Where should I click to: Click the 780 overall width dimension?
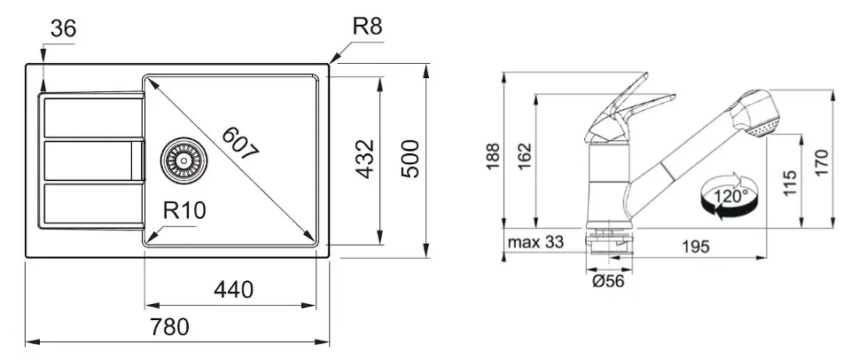(169, 327)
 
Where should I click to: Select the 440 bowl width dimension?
(233, 290)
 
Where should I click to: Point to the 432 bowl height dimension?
(366, 159)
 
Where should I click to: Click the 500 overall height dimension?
(410, 159)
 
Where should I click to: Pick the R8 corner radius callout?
(367, 26)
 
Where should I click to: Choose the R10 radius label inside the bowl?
(184, 210)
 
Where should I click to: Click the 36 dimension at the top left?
(64, 28)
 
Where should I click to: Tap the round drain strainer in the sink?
(183, 160)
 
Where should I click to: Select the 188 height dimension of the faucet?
(493, 156)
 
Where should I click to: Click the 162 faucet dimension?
(524, 156)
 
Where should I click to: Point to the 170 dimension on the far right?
(823, 162)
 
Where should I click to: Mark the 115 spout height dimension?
(790, 183)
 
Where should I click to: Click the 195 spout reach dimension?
(695, 247)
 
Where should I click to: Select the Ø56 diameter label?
(608, 281)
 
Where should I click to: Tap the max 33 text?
(535, 242)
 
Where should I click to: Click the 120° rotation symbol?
(730, 195)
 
